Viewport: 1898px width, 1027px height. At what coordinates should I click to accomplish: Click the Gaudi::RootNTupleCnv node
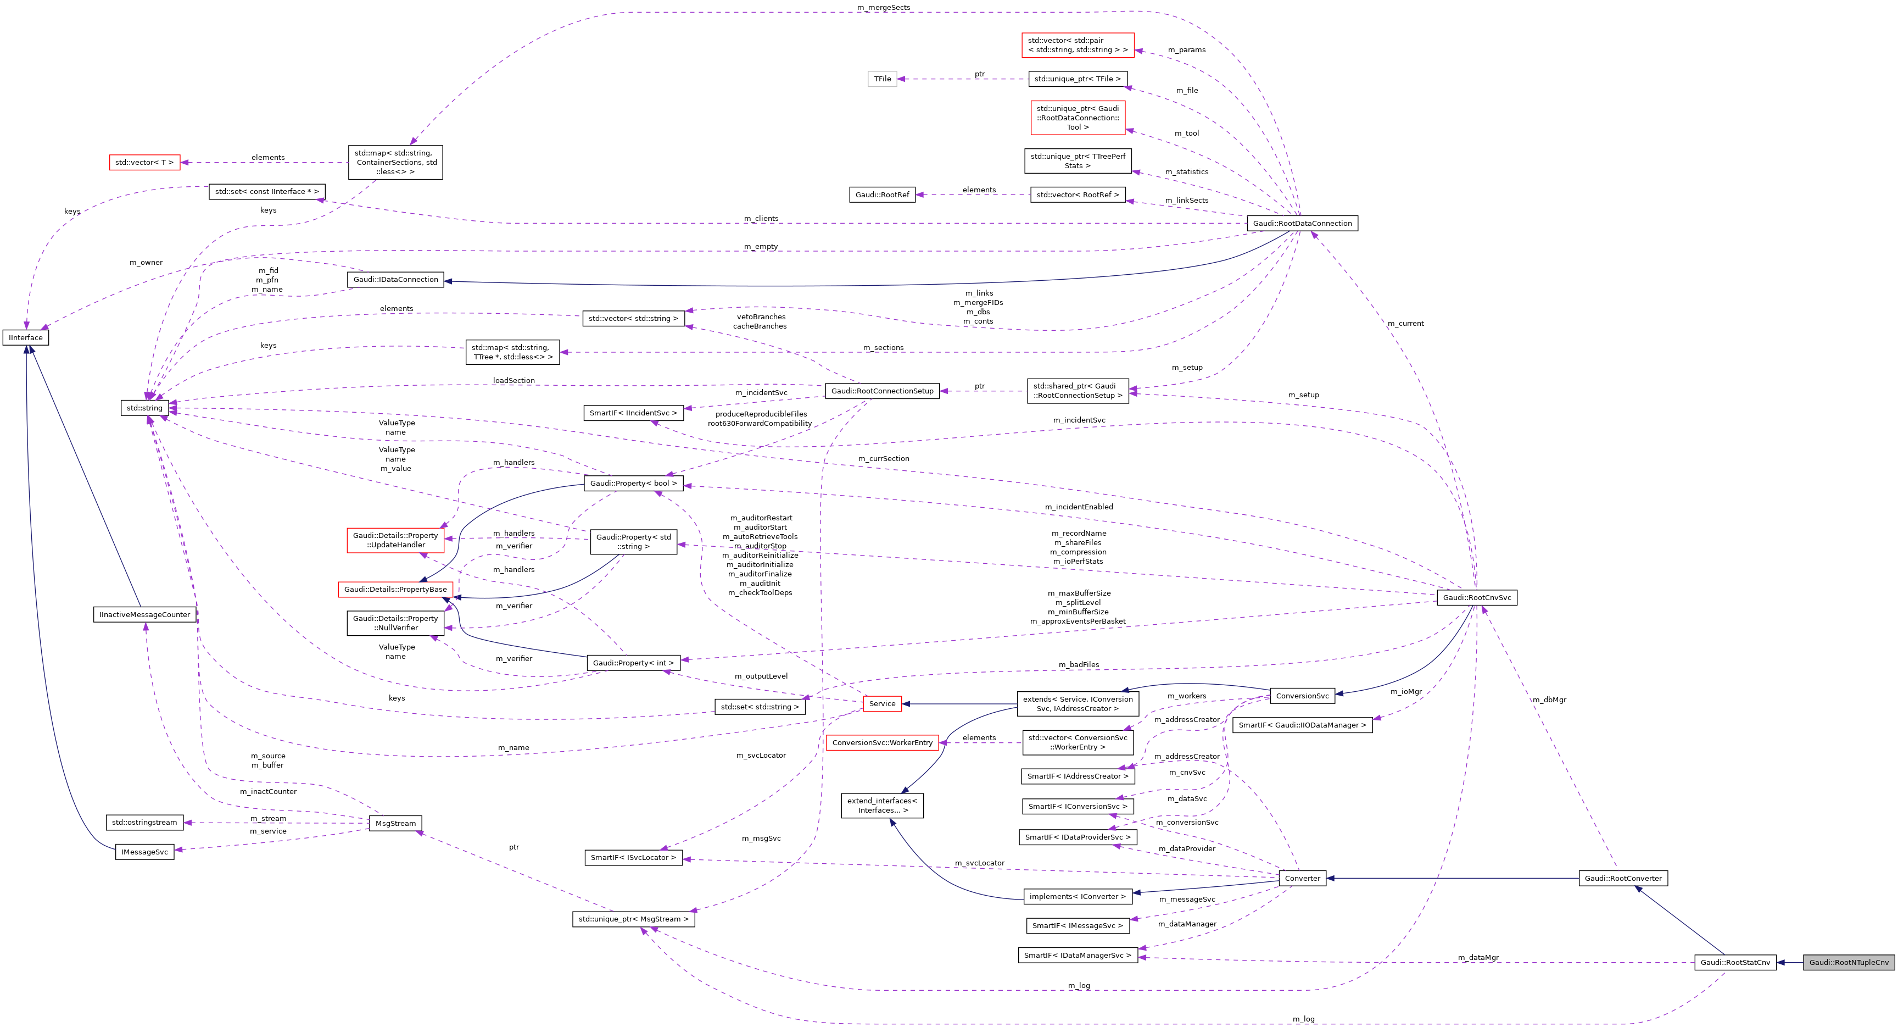coord(1849,962)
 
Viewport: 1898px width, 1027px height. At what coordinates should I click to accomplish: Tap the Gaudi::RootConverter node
coord(1622,878)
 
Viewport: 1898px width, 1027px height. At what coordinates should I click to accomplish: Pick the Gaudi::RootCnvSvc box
coord(1477,597)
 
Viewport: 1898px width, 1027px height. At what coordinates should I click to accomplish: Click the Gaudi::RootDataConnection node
coord(1302,224)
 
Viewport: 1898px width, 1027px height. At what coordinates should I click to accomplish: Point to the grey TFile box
coord(882,79)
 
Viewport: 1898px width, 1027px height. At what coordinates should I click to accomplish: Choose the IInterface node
coord(26,338)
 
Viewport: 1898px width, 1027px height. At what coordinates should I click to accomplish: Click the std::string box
coord(144,408)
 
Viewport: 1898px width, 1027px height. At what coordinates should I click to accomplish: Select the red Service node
coord(882,703)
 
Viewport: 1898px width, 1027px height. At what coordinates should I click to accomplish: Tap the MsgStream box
coord(395,823)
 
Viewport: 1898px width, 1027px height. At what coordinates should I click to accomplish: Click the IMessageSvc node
coord(144,852)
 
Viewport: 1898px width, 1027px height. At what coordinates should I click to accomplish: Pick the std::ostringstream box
coord(144,822)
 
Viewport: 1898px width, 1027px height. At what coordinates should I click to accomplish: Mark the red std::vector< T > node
coord(144,162)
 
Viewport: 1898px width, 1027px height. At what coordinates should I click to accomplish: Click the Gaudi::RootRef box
coord(882,195)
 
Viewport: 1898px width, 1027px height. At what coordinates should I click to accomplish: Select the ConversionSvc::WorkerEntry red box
coord(882,742)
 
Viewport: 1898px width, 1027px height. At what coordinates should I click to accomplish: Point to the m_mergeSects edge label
coord(884,7)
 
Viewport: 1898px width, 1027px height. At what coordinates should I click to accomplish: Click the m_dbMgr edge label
coord(1549,700)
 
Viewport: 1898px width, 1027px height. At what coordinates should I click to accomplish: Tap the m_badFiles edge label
coord(1079,664)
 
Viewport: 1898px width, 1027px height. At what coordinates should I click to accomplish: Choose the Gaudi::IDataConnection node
coord(395,280)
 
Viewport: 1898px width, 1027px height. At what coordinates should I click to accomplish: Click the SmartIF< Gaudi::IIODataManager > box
coord(1302,725)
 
